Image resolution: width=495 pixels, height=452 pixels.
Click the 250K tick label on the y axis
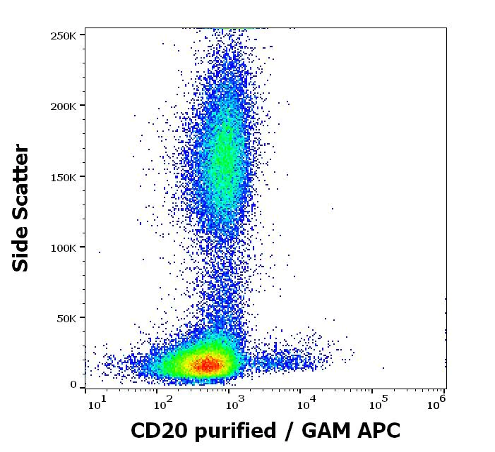pyautogui.click(x=64, y=35)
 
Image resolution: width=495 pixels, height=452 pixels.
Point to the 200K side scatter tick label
pyautogui.click(x=64, y=106)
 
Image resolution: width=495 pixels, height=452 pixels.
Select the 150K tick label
pyautogui.click(x=64, y=176)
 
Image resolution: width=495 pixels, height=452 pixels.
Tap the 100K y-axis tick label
pyautogui.click(x=64, y=248)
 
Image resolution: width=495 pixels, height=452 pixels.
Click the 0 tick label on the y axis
pyautogui.click(x=73, y=385)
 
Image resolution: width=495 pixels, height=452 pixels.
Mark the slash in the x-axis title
pyautogui.click(x=288, y=431)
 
